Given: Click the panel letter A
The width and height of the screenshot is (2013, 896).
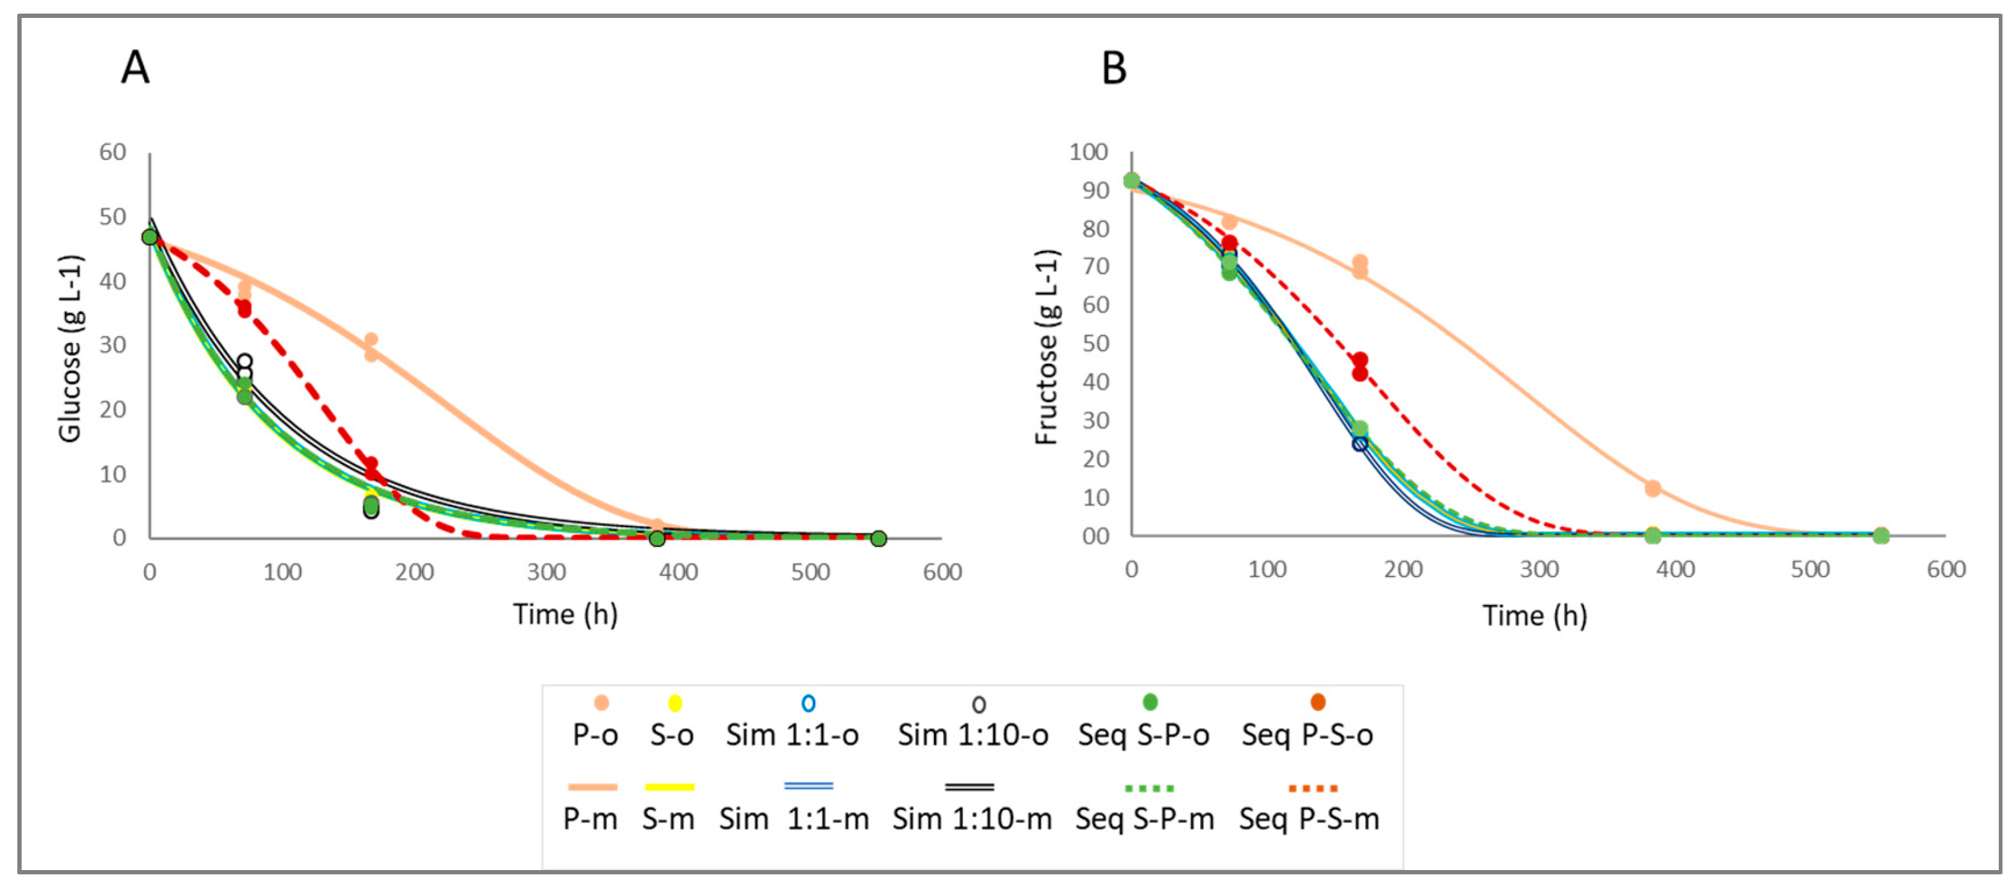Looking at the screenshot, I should [135, 68].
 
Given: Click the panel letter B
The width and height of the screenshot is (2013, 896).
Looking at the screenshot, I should [1114, 68].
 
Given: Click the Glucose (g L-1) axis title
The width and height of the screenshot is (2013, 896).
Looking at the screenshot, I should [70, 349].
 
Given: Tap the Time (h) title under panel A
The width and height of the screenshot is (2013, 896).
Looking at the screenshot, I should [565, 615].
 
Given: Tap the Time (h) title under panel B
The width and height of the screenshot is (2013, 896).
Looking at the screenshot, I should [1535, 615].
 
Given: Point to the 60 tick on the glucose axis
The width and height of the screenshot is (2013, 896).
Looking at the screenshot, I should [112, 153].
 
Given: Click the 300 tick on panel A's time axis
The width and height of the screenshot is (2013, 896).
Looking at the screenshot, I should [546, 573].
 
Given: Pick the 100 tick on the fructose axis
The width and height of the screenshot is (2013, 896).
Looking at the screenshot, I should [1088, 153].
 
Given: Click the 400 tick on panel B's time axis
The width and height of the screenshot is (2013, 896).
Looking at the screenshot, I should [1675, 570].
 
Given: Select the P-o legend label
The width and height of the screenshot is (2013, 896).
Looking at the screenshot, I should [595, 735].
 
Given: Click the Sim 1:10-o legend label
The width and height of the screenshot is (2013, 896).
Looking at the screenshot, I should [972, 735].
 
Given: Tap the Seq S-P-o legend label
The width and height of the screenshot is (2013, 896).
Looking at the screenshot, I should [1143, 735].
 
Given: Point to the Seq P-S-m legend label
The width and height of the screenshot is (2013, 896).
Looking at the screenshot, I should [1309, 819].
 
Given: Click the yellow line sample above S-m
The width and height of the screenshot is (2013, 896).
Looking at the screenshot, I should [670, 787].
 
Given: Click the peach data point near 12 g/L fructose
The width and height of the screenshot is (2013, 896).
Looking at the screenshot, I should [1652, 488].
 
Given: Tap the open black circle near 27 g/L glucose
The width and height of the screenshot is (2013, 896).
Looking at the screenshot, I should [245, 361].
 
